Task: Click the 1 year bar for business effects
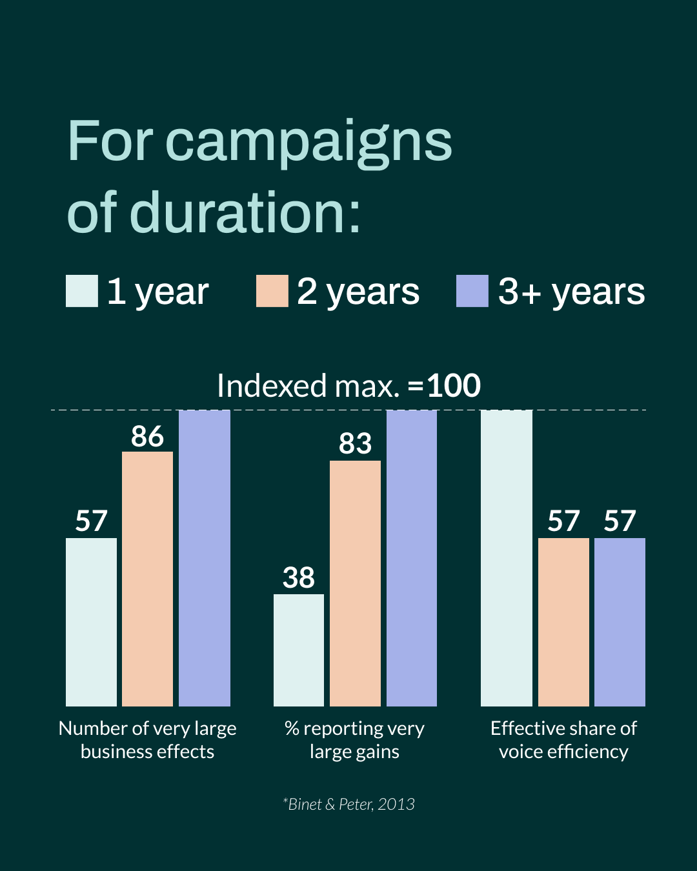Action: [x=91, y=622]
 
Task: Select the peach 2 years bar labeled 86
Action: [x=147, y=579]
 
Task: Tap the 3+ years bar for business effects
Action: [x=204, y=558]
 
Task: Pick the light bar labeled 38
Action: [x=299, y=650]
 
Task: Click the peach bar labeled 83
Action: [x=355, y=583]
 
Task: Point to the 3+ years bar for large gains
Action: [x=412, y=558]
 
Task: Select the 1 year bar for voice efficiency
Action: [x=507, y=558]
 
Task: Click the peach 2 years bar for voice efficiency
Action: [x=563, y=622]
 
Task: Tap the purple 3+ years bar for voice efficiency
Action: [x=620, y=622]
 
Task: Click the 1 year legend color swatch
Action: [x=82, y=291]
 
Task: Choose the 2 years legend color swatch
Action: [x=272, y=291]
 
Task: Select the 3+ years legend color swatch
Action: [x=472, y=291]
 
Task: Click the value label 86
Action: [x=147, y=437]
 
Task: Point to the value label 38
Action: [x=299, y=578]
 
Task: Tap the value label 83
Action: [x=355, y=444]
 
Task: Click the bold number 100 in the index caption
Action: [x=454, y=386]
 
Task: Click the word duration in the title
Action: [x=245, y=213]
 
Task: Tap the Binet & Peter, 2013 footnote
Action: [x=349, y=804]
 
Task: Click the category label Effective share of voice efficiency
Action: [x=563, y=740]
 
